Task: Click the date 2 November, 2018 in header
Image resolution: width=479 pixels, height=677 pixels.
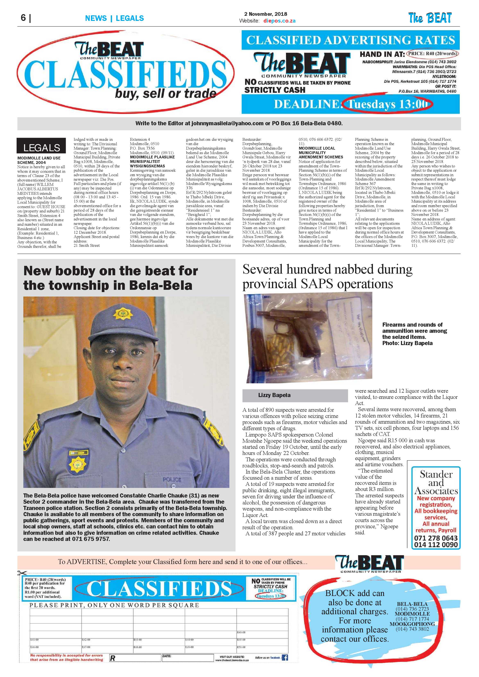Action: tap(265, 14)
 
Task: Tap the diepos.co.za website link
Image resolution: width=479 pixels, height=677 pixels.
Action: tap(279, 21)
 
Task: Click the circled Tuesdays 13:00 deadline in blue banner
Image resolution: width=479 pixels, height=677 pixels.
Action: tap(387, 104)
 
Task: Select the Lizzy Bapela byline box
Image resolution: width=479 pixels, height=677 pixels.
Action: tap(295, 395)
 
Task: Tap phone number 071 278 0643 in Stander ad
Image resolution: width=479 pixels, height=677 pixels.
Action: tap(436, 538)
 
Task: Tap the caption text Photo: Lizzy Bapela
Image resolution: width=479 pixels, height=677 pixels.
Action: tap(407, 343)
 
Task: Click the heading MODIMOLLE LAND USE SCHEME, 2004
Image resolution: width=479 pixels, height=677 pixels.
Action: tap(39, 160)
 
